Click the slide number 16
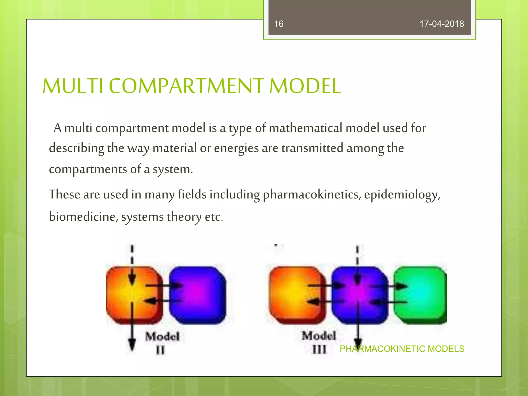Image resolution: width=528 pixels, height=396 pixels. pyautogui.click(x=278, y=24)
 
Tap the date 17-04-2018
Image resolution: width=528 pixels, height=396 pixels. pyautogui.click(x=442, y=24)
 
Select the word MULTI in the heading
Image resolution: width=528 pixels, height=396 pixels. pyautogui.click(x=73, y=86)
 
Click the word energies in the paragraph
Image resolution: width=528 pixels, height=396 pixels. pyautogui.click(x=236, y=148)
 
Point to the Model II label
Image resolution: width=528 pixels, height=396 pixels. pyautogui.click(x=162, y=343)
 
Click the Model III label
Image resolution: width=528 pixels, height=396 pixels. pyautogui.click(x=319, y=342)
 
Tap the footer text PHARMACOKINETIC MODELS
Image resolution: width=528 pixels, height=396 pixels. pyautogui.click(x=402, y=349)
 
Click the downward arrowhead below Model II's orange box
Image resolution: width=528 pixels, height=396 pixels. pyautogui.click(x=132, y=344)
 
